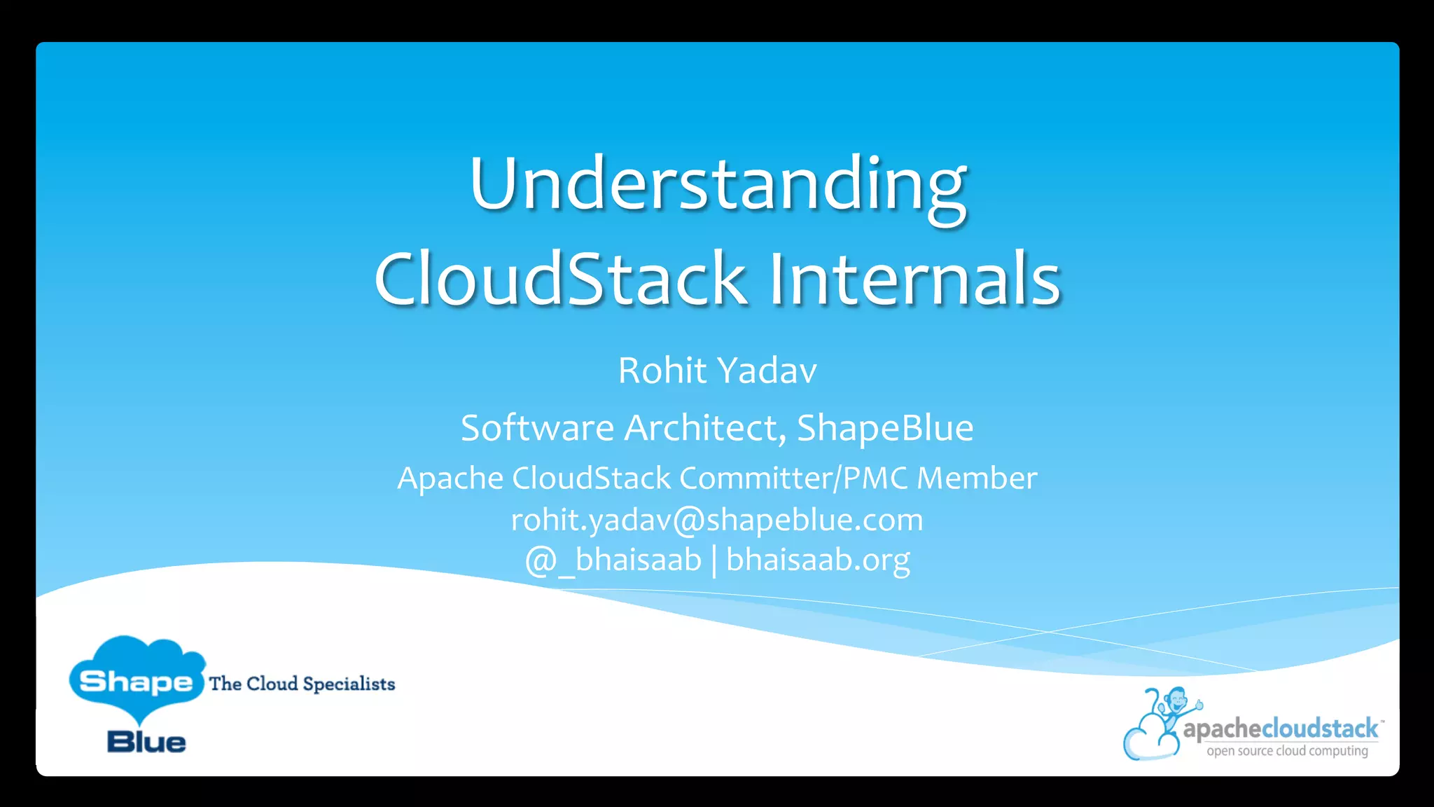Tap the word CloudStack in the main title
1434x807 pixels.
pyautogui.click(x=560, y=279)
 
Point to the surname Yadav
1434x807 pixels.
pyautogui.click(x=767, y=371)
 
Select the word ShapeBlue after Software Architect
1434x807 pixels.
pyautogui.click(x=885, y=428)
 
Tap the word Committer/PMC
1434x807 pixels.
pyautogui.click(x=794, y=478)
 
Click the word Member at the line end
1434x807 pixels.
pyautogui.click(x=977, y=478)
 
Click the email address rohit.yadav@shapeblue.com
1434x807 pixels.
pyautogui.click(x=717, y=520)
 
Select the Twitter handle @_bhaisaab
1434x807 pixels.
pyautogui.click(x=613, y=560)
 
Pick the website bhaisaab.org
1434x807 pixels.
pyautogui.click(x=818, y=560)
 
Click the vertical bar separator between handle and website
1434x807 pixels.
pyautogui.click(x=714, y=561)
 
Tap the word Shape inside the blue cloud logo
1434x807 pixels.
pyautogui.click(x=136, y=682)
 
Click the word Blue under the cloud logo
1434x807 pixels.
pyautogui.click(x=146, y=743)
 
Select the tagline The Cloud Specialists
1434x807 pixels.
pyautogui.click(x=302, y=684)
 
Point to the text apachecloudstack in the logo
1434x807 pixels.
pyautogui.click(x=1280, y=729)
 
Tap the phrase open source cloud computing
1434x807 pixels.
pyautogui.click(x=1287, y=751)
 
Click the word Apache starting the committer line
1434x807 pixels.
pyautogui.click(x=450, y=478)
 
